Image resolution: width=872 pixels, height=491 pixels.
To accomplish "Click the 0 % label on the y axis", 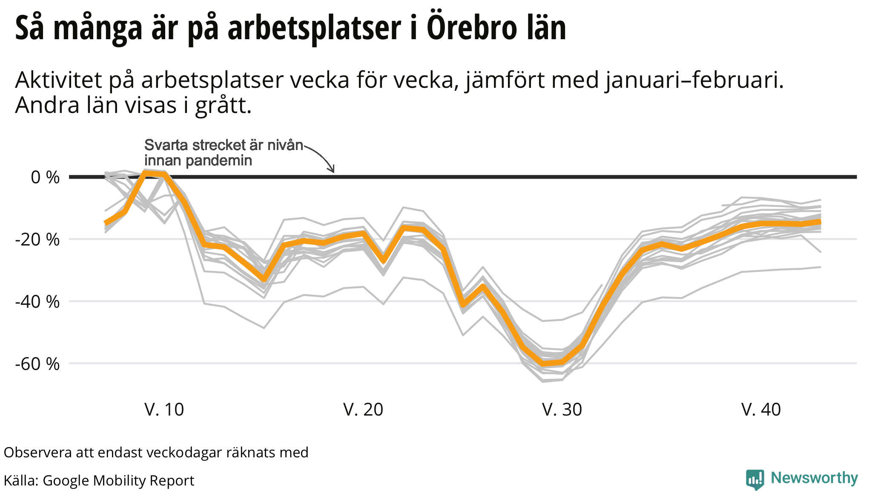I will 45,177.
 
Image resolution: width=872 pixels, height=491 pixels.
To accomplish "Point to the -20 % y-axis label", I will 37,240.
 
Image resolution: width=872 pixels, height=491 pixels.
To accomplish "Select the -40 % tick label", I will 37,302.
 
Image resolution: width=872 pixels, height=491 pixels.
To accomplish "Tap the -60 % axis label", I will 37,364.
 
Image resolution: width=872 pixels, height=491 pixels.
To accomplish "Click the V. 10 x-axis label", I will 164,410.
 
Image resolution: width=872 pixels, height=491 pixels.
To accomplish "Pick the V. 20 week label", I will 363,410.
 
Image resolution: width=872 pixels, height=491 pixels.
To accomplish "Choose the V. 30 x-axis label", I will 562,410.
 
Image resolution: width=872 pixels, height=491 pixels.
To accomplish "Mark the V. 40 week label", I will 761,410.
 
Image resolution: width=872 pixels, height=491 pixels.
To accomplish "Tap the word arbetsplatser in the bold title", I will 314,28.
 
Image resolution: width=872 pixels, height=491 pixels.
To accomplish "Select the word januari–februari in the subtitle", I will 694,80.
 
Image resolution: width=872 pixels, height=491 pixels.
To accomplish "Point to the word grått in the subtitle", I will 223,106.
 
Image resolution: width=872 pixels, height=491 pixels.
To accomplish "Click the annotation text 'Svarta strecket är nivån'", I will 224,145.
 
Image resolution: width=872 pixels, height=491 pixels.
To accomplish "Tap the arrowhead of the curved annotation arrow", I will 333,170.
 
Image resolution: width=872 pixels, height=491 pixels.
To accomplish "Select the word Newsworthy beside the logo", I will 814,478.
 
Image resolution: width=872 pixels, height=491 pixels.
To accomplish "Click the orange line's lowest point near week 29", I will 543,364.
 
